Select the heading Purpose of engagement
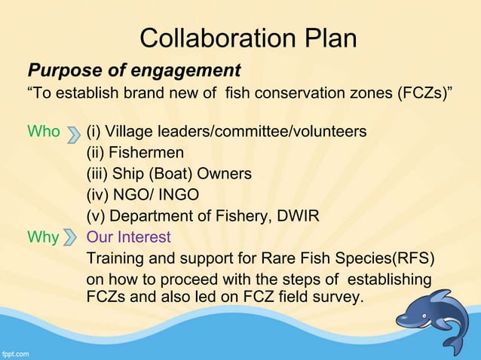tap(133, 72)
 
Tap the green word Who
tap(43, 132)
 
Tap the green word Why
tap(43, 237)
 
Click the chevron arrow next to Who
tap(73, 133)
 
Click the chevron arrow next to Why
tap(73, 239)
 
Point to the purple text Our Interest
tap(129, 237)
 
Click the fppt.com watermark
tap(17, 352)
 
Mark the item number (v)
tap(97, 216)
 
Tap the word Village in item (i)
tap(133, 132)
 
